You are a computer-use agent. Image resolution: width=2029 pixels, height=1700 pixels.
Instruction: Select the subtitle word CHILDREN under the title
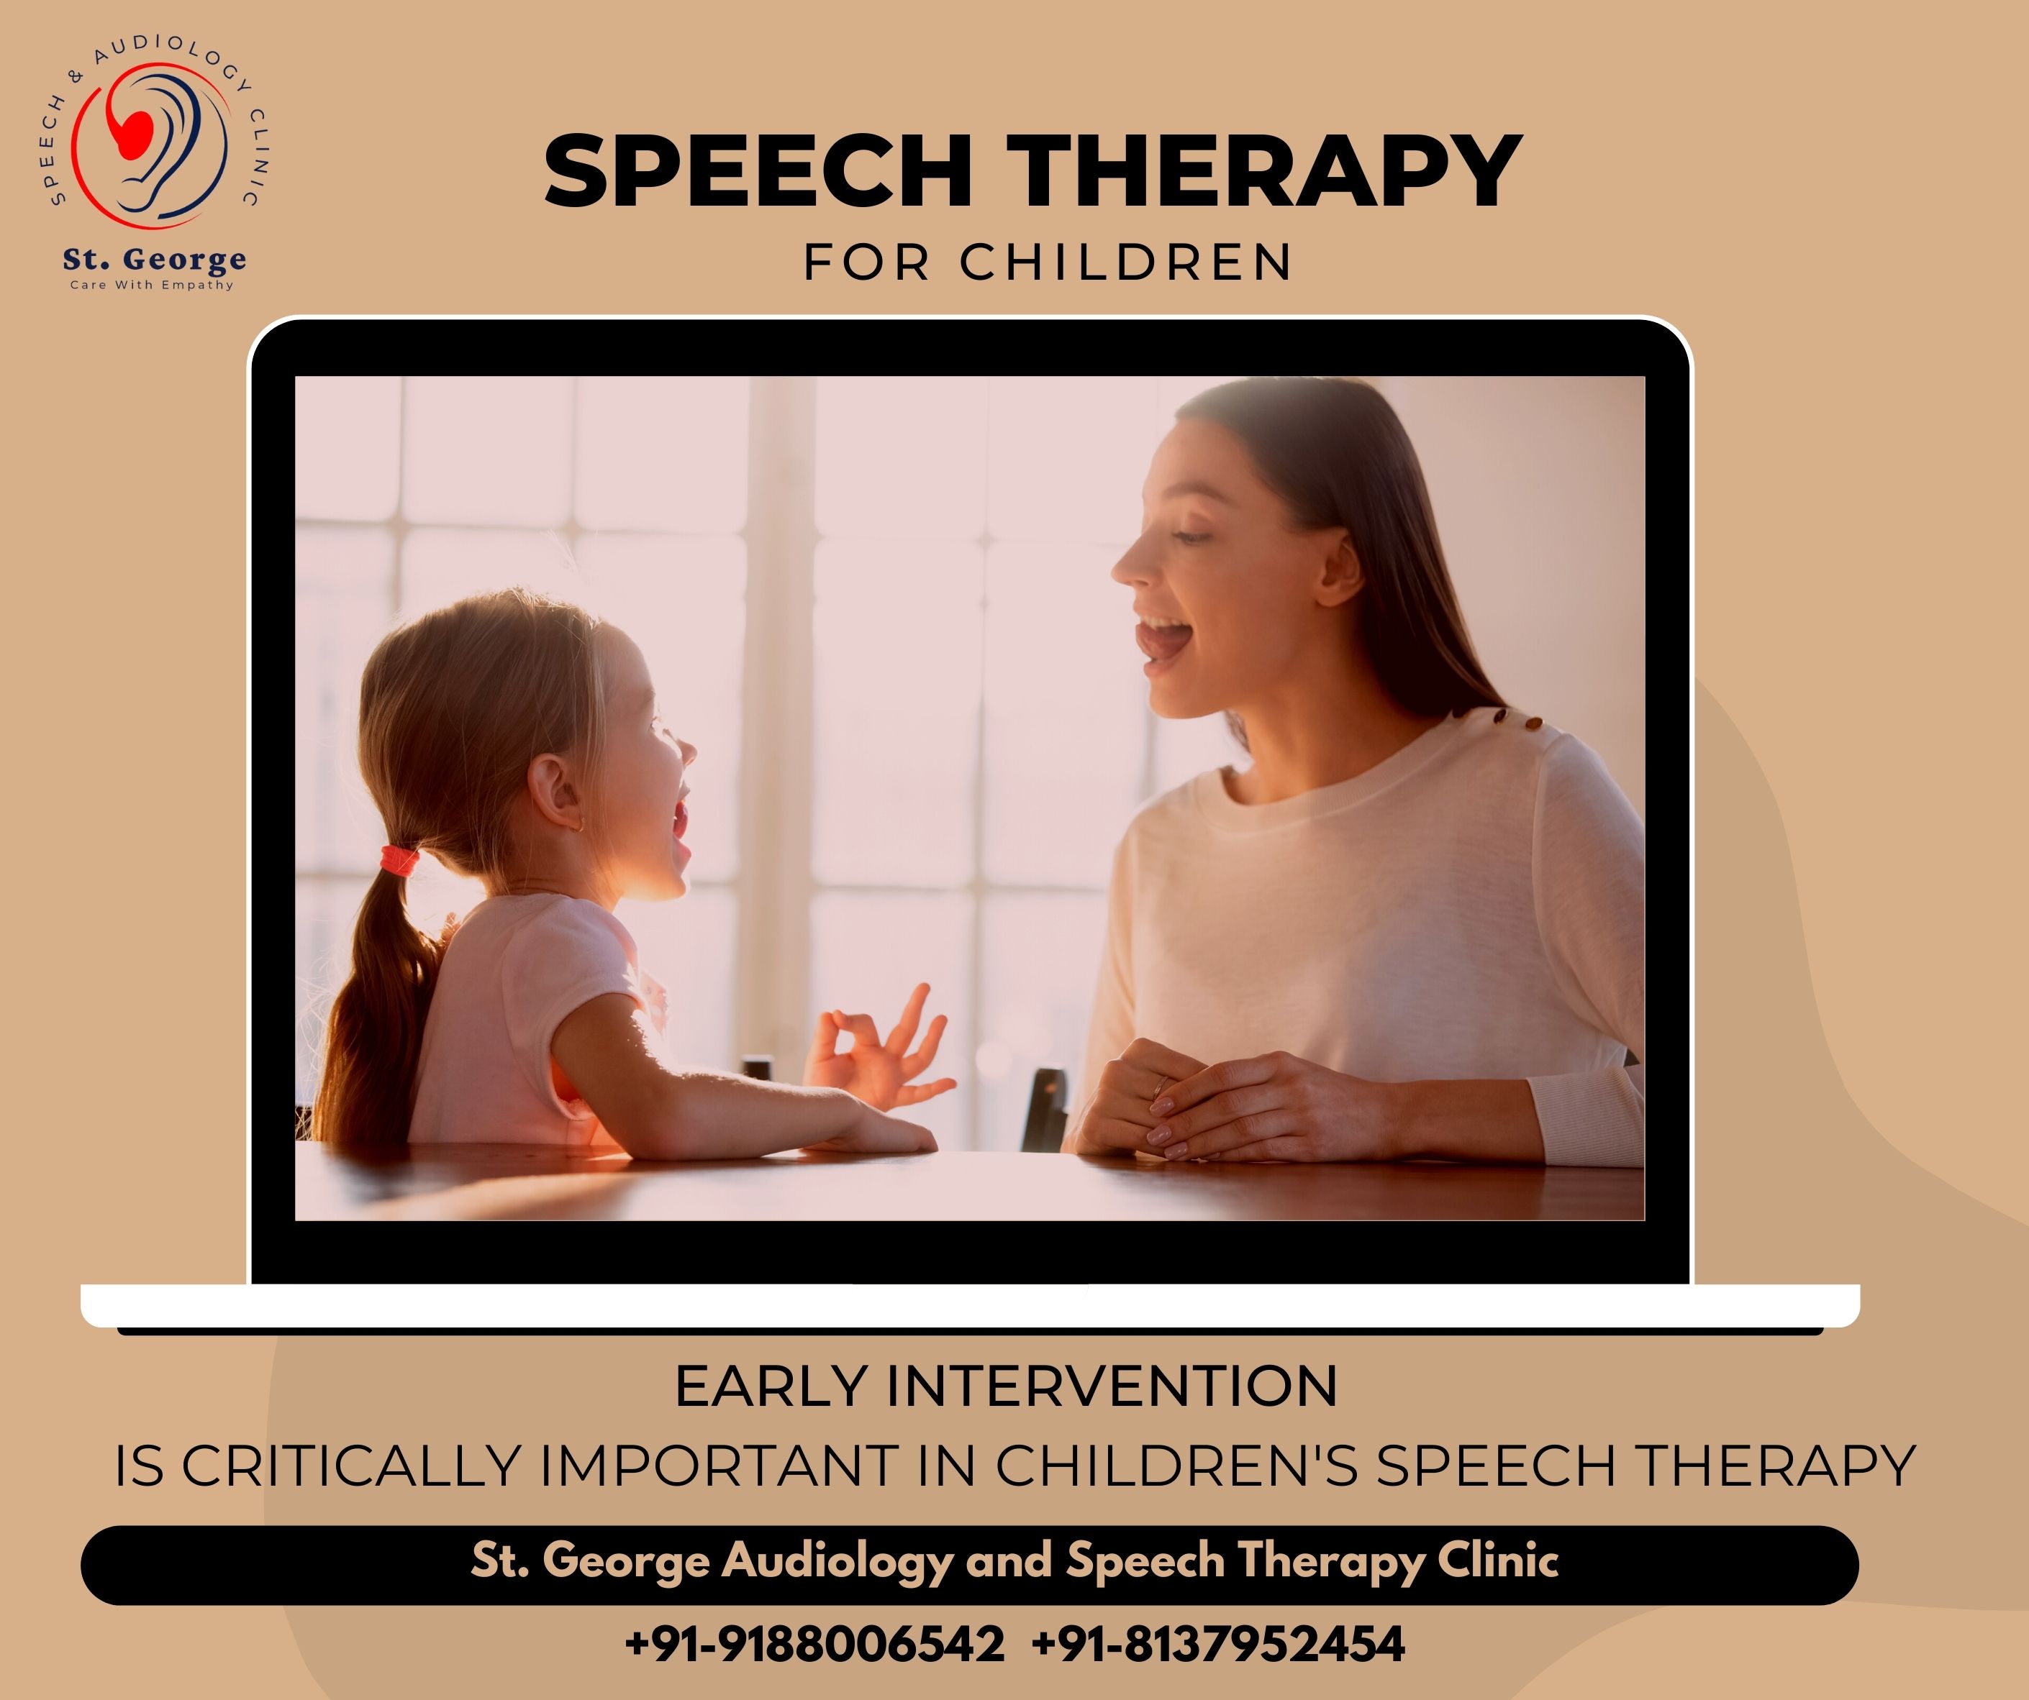(1125, 262)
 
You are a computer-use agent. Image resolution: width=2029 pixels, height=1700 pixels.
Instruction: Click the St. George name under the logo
(155, 259)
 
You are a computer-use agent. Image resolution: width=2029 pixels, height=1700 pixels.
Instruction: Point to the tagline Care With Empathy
(152, 285)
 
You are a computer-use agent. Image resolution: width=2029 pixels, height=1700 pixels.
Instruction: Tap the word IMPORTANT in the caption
(719, 1466)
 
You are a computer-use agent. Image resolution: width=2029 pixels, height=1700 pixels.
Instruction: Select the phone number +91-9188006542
(814, 1644)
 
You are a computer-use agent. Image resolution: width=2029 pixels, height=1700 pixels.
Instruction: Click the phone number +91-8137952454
(1218, 1644)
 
